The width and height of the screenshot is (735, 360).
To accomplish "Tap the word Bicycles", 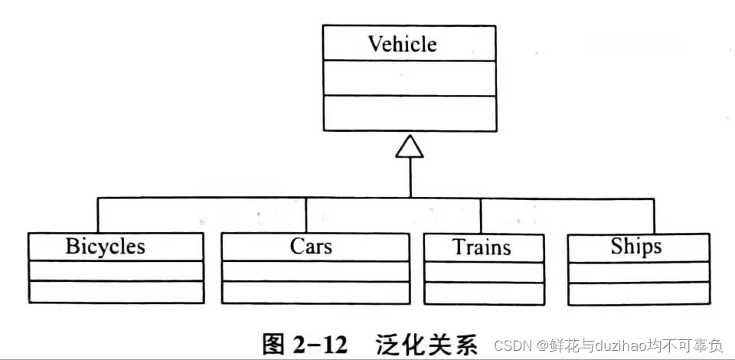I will (x=105, y=247).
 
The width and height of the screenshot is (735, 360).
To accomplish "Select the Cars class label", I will (x=311, y=247).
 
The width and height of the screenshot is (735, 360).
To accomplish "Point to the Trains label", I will (x=482, y=247).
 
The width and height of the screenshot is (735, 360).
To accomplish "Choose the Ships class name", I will (x=636, y=247).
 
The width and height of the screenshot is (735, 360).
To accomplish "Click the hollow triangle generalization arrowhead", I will (x=410, y=146).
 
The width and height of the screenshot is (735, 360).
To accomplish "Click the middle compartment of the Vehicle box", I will (x=410, y=78).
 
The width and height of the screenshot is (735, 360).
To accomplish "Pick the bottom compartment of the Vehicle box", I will (x=410, y=112).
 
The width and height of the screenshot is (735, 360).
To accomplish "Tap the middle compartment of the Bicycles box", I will (x=116, y=271).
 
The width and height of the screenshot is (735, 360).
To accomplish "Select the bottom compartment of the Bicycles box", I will (x=116, y=292).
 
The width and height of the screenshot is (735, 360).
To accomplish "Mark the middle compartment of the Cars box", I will (x=315, y=271).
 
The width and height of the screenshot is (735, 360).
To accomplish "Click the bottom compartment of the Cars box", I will (x=315, y=292).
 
